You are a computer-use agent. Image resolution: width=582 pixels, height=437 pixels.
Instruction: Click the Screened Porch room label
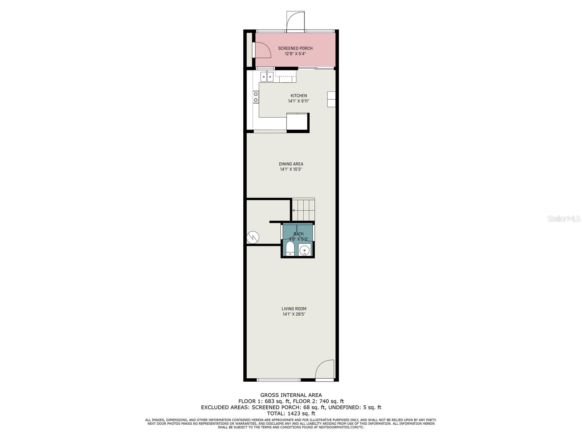pyautogui.click(x=295, y=48)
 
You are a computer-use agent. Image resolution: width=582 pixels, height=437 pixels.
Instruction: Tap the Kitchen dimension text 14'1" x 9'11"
pyautogui.click(x=298, y=101)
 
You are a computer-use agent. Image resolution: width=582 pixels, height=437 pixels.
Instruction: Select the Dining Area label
pyautogui.click(x=291, y=164)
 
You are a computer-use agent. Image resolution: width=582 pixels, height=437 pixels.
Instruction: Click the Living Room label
pyautogui.click(x=294, y=309)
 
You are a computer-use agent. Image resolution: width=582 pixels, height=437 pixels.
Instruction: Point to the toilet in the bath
pyautogui.click(x=290, y=249)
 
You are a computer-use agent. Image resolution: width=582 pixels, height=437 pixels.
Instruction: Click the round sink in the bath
pyautogui.click(x=304, y=250)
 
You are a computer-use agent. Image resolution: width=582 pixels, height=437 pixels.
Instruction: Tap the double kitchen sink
pyautogui.click(x=267, y=77)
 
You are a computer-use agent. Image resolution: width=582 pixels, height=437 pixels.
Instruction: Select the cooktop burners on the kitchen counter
pyautogui.click(x=256, y=97)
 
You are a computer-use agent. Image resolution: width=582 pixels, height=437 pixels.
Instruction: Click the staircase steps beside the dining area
pyautogui.click(x=303, y=210)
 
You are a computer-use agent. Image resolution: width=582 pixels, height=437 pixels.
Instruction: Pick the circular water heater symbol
pyautogui.click(x=253, y=237)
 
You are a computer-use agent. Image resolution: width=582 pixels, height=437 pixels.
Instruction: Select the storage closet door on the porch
pyautogui.click(x=262, y=50)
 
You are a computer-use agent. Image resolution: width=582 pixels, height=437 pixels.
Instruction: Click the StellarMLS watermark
pyautogui.click(x=564, y=219)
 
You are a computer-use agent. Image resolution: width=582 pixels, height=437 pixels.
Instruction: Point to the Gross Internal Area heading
pyautogui.click(x=291, y=395)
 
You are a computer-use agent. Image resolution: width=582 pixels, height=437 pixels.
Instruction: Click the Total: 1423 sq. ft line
pyautogui.click(x=291, y=413)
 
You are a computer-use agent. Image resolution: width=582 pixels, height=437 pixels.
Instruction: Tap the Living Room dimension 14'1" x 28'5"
pyautogui.click(x=294, y=314)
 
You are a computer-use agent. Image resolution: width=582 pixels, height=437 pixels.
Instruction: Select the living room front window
pyautogui.click(x=279, y=380)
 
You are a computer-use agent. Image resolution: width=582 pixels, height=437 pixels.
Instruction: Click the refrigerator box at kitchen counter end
pyautogui.click(x=297, y=122)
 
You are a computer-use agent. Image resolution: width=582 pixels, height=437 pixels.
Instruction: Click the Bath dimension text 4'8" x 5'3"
pyautogui.click(x=298, y=239)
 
